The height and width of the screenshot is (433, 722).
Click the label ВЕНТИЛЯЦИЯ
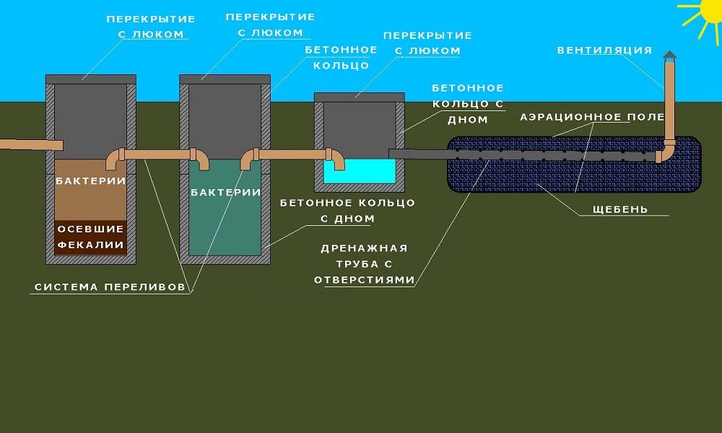coord(604,51)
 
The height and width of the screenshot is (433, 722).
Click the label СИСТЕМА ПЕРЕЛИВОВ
coord(113,287)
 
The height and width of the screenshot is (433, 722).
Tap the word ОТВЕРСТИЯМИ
coord(365,279)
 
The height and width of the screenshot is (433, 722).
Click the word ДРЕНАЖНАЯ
coord(365,248)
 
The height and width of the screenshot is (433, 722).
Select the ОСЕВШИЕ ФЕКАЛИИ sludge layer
coord(91,237)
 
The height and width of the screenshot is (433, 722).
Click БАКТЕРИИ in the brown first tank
coord(91,180)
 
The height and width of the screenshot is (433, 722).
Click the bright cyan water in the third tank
coord(360,172)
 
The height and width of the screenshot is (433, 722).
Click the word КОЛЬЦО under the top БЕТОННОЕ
coord(342,66)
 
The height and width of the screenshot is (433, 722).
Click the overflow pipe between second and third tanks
coord(292,154)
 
